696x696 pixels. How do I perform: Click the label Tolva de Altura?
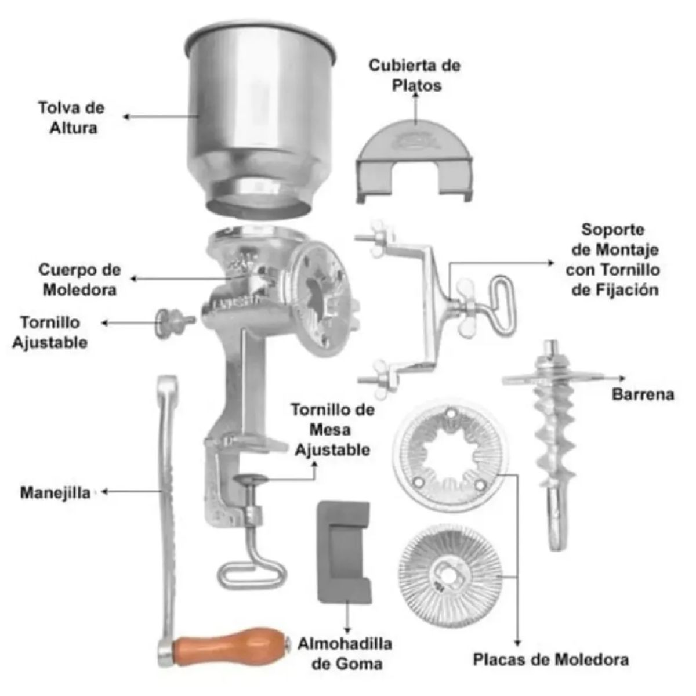coord(71,118)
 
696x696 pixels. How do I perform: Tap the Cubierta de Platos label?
coord(415,75)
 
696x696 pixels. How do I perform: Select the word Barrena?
coord(643,394)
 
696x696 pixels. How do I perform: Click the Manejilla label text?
coord(55,492)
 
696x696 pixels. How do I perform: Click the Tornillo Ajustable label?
coord(50,332)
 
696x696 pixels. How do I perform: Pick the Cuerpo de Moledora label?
coord(80,280)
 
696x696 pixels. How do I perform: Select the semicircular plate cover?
coord(414,159)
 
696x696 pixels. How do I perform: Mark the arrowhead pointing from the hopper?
coord(126,117)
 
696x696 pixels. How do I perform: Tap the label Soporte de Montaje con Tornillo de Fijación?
coord(613,260)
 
